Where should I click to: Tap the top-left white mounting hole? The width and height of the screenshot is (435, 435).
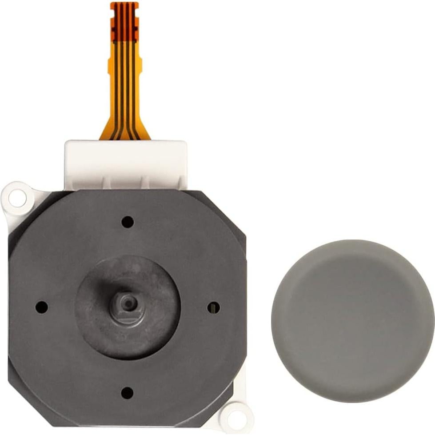point(18,198)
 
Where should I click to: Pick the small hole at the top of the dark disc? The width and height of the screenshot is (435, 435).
point(128,221)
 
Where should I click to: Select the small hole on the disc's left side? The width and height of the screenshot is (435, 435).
point(41,307)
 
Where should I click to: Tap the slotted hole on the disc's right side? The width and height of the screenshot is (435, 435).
point(214,307)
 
